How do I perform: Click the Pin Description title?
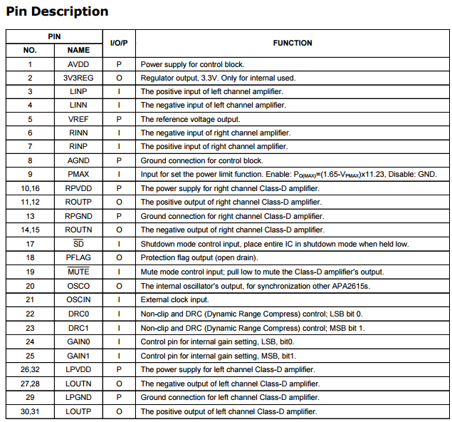(x=57, y=11)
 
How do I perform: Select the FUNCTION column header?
(x=292, y=43)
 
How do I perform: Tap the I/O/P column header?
(x=119, y=43)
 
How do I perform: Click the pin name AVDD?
(x=78, y=64)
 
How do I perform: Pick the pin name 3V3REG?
(x=78, y=78)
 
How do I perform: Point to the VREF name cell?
(x=78, y=119)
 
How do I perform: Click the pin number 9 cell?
(x=30, y=174)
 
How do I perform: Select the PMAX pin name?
(x=78, y=174)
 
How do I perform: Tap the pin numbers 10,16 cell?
(x=30, y=188)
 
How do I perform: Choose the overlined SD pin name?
(x=78, y=244)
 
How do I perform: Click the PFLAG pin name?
(x=78, y=257)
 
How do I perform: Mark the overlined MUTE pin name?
(x=78, y=272)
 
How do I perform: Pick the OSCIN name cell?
(x=78, y=299)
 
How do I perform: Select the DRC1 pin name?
(x=78, y=327)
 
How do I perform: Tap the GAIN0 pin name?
(x=78, y=341)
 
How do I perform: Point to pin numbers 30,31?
(x=30, y=411)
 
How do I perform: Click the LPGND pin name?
(x=78, y=397)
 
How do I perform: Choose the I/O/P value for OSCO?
(x=119, y=286)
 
